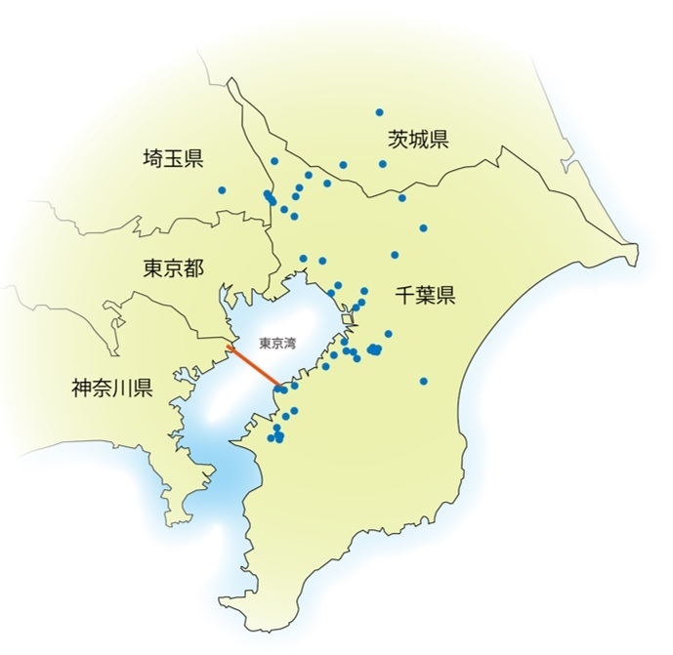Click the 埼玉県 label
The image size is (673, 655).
coord(173,158)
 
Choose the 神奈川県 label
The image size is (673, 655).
coord(111,389)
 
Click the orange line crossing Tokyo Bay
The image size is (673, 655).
coord(253,367)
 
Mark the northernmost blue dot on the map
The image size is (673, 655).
coord(379,112)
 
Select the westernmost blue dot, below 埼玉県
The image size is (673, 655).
coord(223,190)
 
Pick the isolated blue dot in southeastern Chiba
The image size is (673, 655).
coord(423,381)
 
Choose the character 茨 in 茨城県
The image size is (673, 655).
coord(397,139)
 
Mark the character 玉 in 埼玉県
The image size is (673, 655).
coord(173,158)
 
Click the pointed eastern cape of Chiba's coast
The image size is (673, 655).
coord(636,256)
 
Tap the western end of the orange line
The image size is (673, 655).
coord(229,345)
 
